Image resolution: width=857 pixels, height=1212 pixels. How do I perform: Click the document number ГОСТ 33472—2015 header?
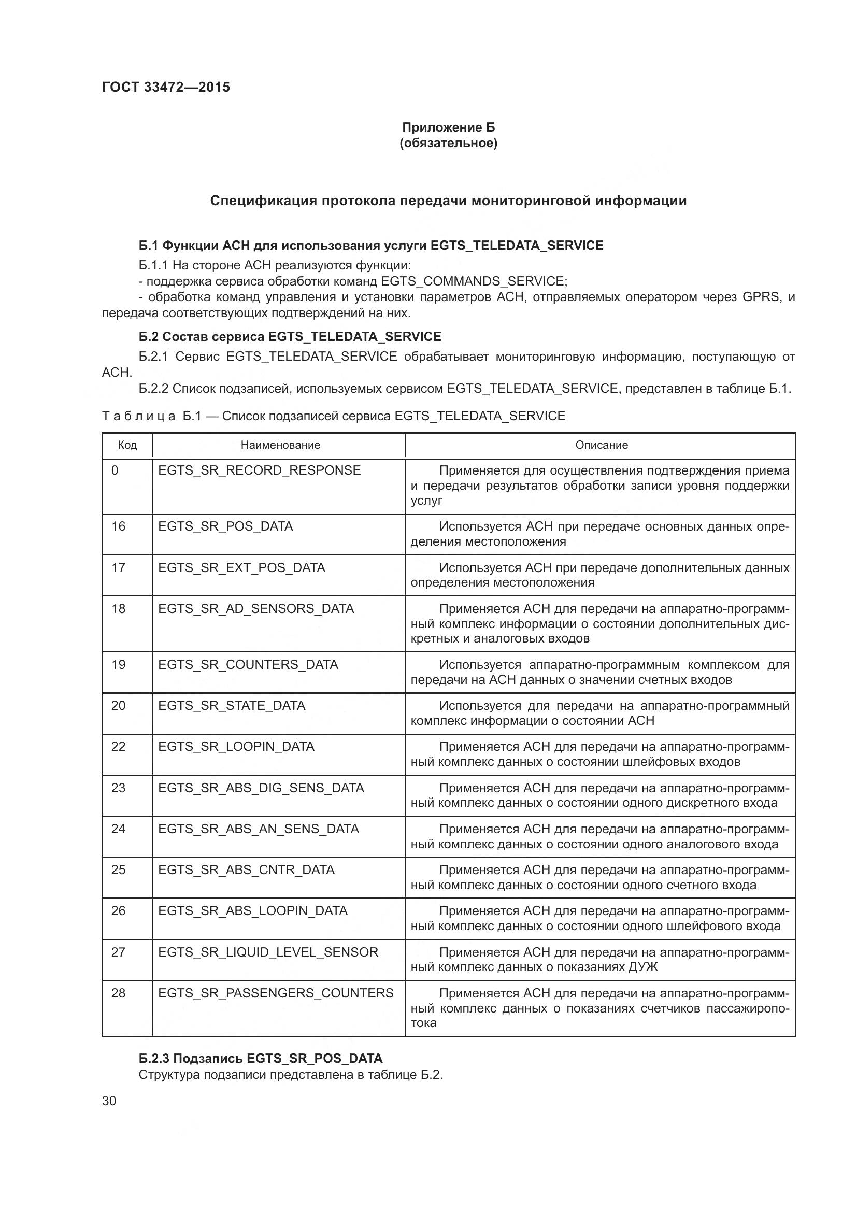point(166,87)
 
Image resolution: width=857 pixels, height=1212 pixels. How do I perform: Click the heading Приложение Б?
point(448,127)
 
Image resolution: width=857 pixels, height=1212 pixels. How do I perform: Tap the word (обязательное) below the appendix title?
point(448,143)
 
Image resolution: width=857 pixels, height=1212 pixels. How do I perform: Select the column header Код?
point(127,445)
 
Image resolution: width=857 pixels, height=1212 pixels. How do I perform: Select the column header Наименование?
point(280,445)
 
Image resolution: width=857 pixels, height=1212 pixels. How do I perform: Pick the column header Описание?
point(601,445)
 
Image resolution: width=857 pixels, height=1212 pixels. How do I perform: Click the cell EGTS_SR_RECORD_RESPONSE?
point(259,470)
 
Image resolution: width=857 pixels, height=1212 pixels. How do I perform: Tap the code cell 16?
point(119,526)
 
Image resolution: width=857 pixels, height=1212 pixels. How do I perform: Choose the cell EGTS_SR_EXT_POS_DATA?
point(241,567)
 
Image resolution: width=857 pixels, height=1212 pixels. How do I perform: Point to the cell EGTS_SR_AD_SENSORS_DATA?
point(255,609)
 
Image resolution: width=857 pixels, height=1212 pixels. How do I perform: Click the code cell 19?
point(119,665)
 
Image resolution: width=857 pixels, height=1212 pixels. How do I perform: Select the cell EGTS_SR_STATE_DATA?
point(231,706)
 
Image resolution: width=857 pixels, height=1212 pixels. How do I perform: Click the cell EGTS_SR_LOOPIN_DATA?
point(236,746)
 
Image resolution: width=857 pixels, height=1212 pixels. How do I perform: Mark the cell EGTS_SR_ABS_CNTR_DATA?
point(246,869)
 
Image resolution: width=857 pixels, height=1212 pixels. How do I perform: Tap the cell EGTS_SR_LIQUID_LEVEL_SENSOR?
point(267,952)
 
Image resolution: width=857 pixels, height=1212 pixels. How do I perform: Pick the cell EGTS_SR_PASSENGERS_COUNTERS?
point(276,993)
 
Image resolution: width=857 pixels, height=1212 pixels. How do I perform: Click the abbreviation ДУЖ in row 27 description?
point(642,967)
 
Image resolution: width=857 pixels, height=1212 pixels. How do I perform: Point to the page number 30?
point(109,1101)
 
